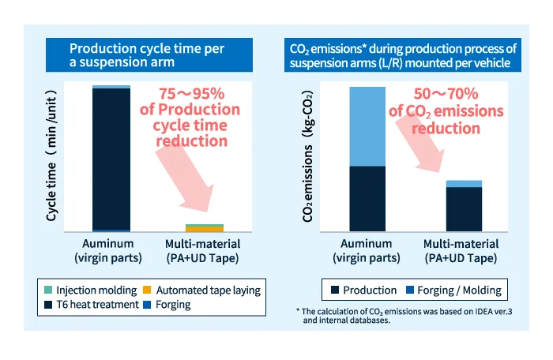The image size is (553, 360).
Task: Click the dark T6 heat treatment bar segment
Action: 111,158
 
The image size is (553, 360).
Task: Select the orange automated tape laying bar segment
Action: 204,229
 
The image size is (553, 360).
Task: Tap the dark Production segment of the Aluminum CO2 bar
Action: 367,198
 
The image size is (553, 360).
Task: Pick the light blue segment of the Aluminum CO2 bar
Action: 367,126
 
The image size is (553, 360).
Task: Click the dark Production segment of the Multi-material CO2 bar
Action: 464,208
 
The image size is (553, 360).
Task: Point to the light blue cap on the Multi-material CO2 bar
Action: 464,184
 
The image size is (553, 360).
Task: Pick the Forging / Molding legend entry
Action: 454,290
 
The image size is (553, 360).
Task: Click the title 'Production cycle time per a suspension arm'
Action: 147,54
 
